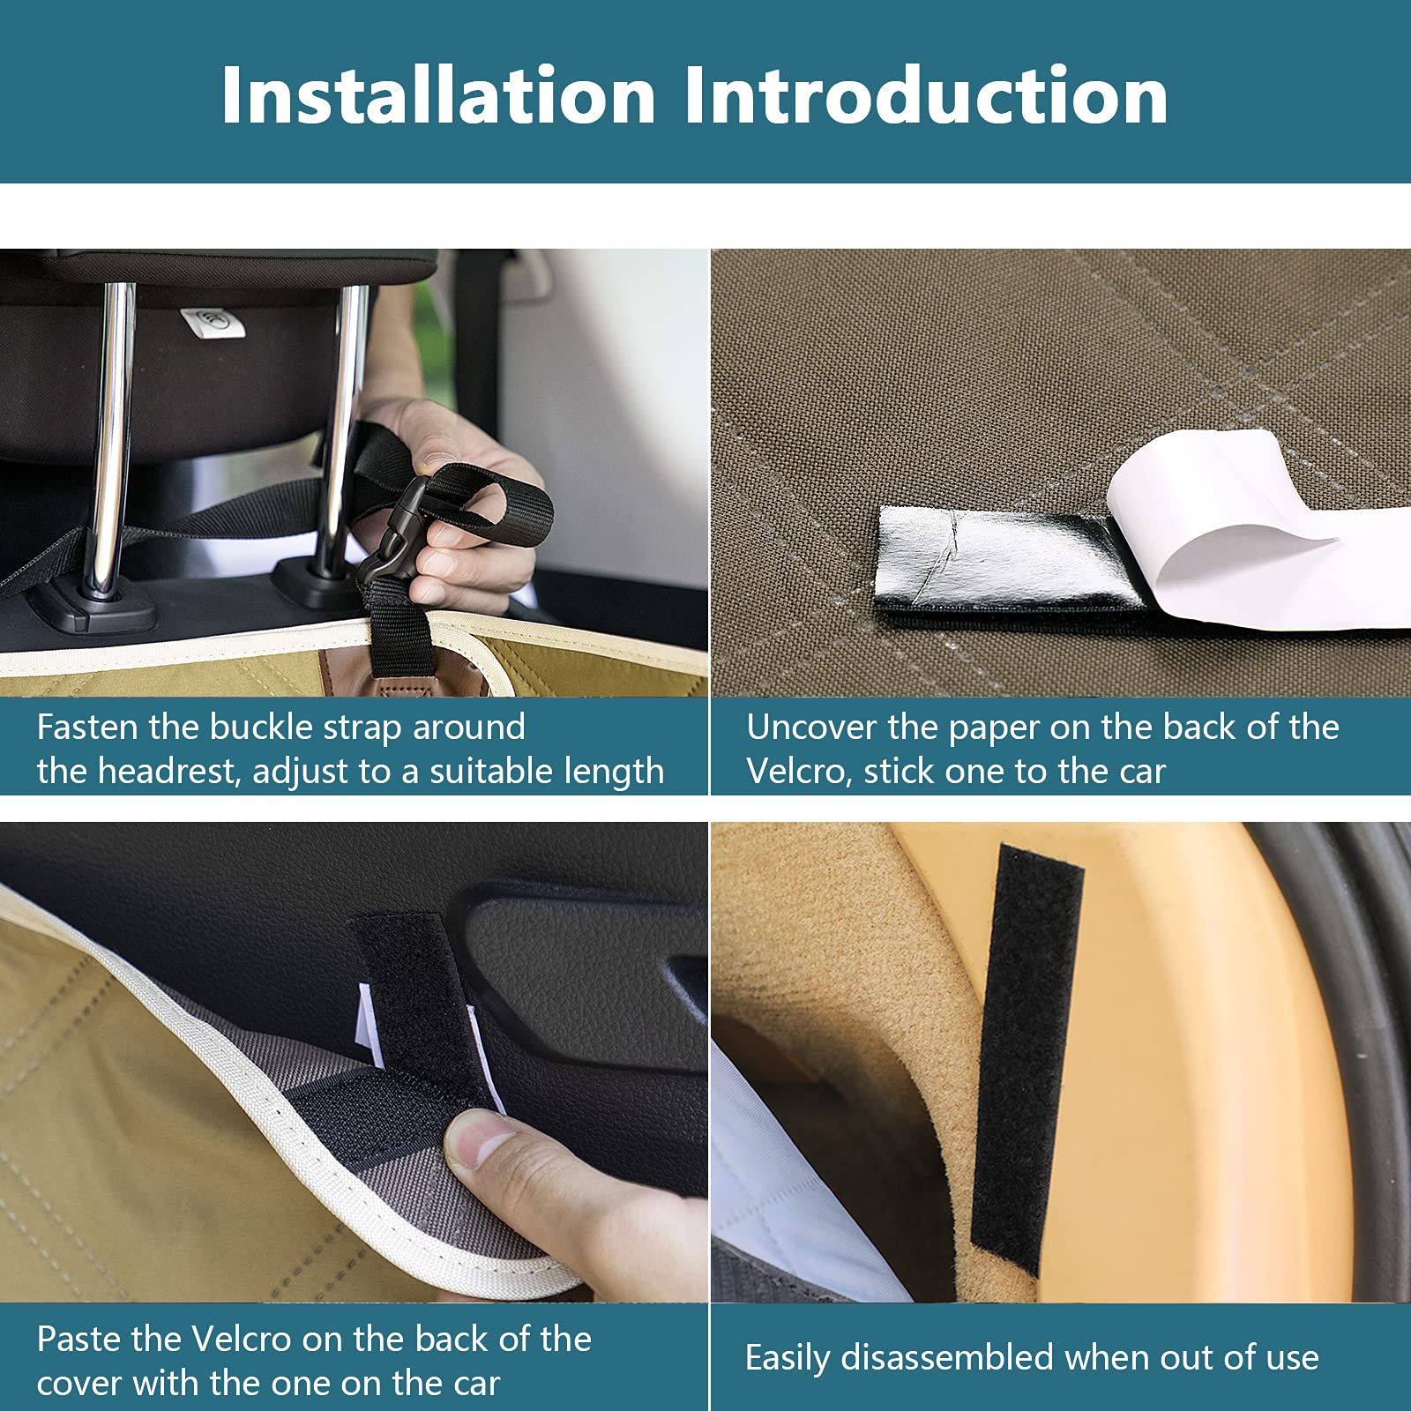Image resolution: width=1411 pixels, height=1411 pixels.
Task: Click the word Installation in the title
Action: point(438,95)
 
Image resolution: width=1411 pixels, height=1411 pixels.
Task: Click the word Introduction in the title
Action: point(925,95)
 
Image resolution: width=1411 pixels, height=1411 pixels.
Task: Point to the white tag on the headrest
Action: point(211,322)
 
